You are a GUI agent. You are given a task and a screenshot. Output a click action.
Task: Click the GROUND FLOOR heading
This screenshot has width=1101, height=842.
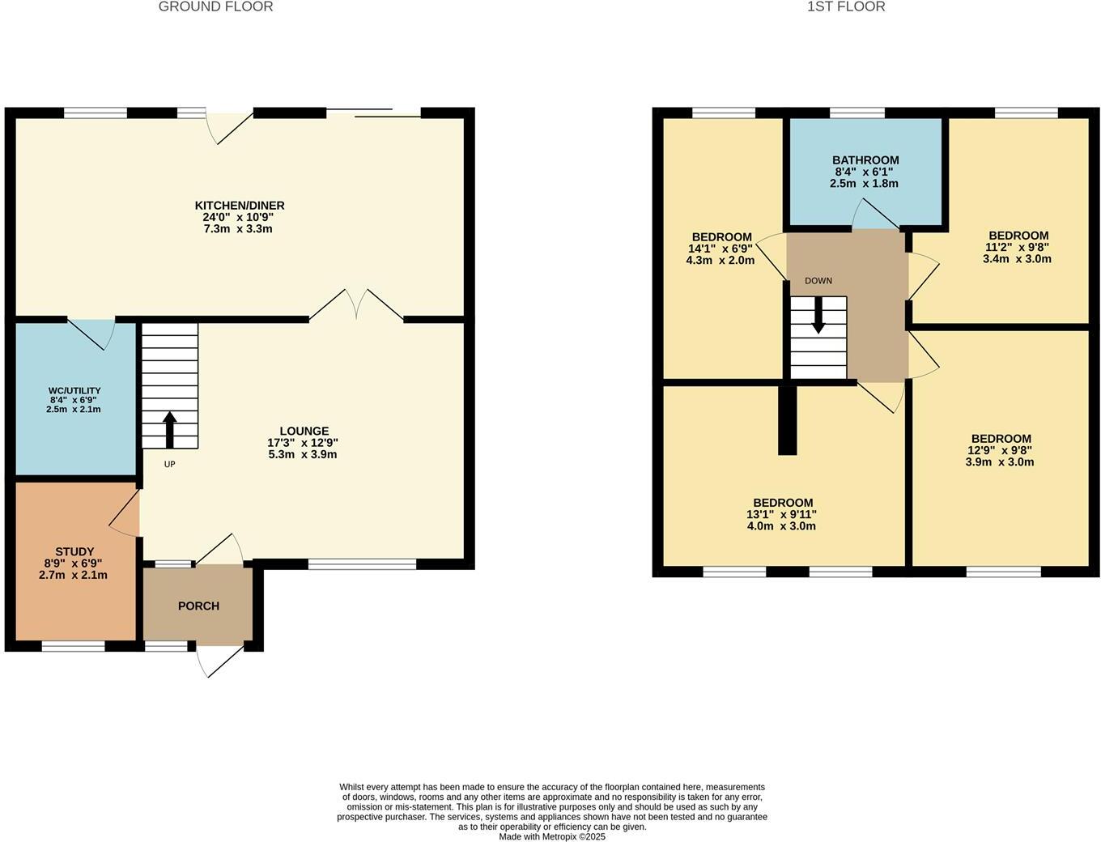[x=215, y=7]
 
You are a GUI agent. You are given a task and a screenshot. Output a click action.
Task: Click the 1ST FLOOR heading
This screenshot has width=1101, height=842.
[x=846, y=7]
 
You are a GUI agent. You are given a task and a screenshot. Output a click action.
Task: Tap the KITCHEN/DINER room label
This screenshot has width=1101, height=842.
[x=239, y=206]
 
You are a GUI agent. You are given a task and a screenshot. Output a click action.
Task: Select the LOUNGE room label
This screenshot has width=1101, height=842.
[x=304, y=432]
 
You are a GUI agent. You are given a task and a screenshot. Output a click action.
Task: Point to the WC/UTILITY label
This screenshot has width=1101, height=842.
[x=74, y=390]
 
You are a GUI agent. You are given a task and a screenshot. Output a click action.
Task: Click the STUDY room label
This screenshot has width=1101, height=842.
[x=74, y=551]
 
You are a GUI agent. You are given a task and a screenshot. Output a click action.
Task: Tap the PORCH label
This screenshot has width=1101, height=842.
[x=198, y=606]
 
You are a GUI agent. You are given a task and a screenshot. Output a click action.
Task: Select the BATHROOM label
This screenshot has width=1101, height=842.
[x=865, y=160]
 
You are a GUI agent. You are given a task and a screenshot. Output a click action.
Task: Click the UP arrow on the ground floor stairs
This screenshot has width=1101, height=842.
[x=170, y=429]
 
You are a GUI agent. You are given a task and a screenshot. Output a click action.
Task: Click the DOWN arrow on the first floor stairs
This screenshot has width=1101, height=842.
[x=818, y=316]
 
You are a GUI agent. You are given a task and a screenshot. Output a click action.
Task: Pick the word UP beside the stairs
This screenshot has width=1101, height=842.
[x=169, y=465]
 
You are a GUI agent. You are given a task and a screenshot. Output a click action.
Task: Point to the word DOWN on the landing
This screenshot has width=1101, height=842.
[x=818, y=281]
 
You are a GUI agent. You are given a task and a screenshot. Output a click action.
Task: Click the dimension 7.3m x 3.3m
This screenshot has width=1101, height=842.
[x=238, y=229]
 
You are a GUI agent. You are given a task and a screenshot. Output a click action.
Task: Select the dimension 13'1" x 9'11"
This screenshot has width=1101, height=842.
[x=781, y=514]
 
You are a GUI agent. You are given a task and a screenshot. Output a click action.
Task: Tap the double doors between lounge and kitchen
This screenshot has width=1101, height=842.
[x=356, y=306]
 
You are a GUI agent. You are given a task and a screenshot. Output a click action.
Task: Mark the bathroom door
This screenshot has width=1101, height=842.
[x=874, y=216]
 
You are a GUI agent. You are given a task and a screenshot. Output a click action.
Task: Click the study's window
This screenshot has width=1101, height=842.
[x=73, y=646]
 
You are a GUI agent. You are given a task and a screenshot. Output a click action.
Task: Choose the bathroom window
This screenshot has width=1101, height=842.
[x=857, y=113]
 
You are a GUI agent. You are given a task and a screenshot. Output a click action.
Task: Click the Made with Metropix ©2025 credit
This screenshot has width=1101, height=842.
[x=552, y=837]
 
